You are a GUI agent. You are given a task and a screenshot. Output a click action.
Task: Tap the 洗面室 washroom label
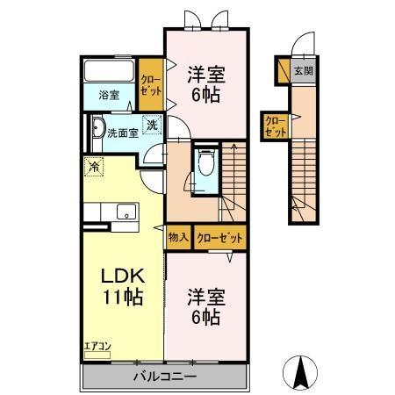(x=122, y=133)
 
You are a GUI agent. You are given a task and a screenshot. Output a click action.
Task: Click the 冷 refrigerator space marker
(x=93, y=164)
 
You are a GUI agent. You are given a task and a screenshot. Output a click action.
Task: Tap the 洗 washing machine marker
(x=152, y=126)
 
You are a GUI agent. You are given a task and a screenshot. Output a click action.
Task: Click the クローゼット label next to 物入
(x=219, y=237)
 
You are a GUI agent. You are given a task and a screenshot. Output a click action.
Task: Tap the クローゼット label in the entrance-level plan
(x=275, y=126)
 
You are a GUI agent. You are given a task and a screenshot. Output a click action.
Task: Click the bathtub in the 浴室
(x=109, y=72)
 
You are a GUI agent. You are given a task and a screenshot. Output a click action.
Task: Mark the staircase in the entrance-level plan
(x=303, y=184)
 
